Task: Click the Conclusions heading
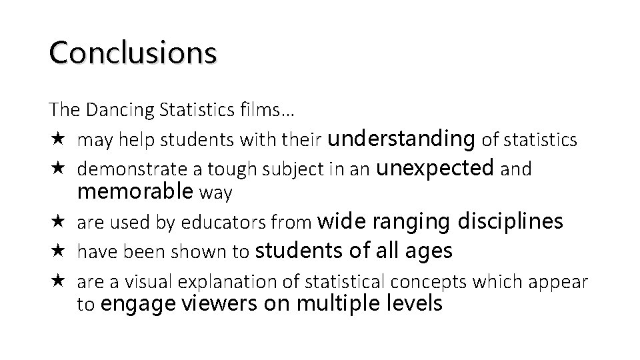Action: pos(133,53)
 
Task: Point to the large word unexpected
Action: pos(436,168)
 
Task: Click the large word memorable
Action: pos(135,192)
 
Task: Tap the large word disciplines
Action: pos(510,221)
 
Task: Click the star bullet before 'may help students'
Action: pos(56,139)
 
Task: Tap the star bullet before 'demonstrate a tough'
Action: pos(56,169)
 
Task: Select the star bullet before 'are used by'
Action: pos(56,221)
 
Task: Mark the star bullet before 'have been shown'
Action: pos(56,251)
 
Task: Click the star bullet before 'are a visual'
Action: pos(56,281)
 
